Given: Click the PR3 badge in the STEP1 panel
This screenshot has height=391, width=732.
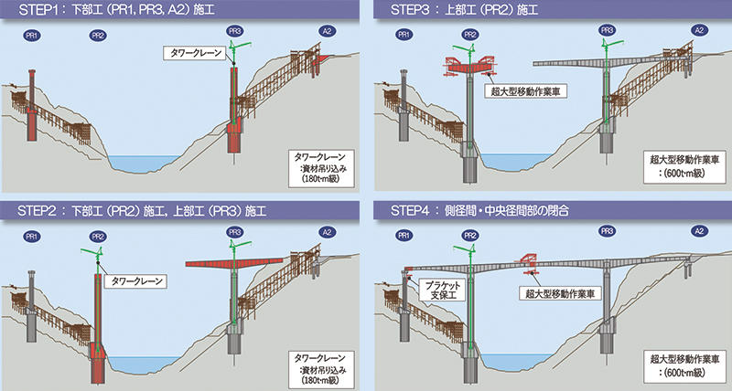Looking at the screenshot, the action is [234, 31].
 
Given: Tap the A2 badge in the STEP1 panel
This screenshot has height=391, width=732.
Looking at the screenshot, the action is [327, 31].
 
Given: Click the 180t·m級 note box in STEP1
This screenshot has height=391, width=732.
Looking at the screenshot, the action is [321, 168].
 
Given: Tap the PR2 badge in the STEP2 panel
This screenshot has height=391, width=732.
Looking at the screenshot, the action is [98, 237].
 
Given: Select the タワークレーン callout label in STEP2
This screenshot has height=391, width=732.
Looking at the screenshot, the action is [135, 281].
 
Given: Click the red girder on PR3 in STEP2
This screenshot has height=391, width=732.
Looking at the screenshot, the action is [234, 263].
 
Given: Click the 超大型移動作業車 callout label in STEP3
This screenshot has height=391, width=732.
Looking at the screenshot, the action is [525, 91].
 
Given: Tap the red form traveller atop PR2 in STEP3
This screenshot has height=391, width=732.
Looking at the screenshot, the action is [469, 66].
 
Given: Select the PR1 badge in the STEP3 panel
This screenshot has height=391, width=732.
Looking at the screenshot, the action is [404, 34].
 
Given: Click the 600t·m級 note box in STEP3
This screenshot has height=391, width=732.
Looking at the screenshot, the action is [684, 166].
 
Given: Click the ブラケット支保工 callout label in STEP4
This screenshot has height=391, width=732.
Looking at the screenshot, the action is [443, 290].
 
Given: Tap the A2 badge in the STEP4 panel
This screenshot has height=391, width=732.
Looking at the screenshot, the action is [699, 231].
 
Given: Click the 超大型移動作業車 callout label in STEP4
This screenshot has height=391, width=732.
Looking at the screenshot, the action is [559, 293].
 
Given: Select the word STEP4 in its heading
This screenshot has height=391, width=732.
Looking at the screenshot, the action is [410, 210].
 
